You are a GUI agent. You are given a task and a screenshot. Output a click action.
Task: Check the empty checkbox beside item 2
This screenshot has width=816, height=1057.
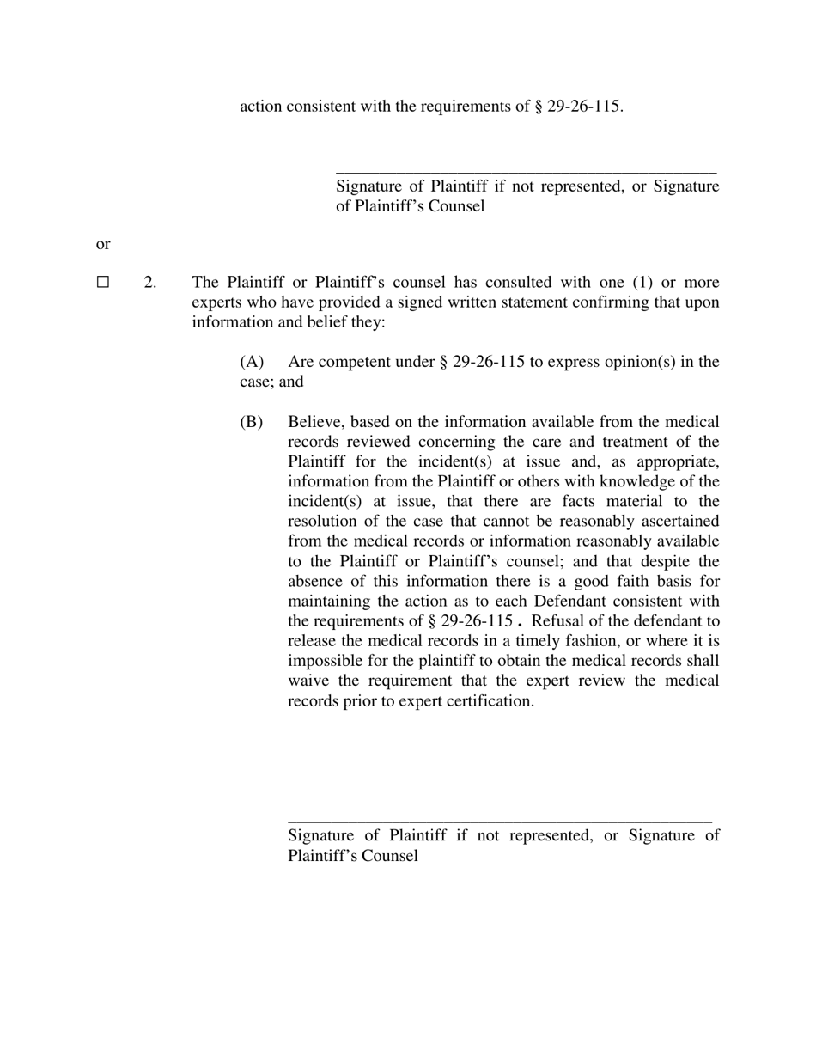pyautogui.click(x=103, y=282)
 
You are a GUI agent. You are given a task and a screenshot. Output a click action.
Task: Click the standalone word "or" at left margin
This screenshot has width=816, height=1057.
pyautogui.click(x=103, y=244)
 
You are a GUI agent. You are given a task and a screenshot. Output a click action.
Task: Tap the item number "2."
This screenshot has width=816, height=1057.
pyautogui.click(x=150, y=282)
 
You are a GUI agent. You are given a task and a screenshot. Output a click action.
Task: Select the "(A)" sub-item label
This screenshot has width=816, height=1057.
pyautogui.click(x=251, y=361)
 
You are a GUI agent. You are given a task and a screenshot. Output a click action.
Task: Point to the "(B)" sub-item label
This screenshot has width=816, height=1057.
pyautogui.click(x=251, y=421)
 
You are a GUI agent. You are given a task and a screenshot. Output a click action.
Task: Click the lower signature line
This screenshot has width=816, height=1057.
pyautogui.click(x=500, y=822)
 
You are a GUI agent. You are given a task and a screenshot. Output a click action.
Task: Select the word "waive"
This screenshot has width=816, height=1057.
pyautogui.click(x=308, y=680)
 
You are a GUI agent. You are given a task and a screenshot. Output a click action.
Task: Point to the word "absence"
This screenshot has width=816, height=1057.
pyautogui.click(x=315, y=581)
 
